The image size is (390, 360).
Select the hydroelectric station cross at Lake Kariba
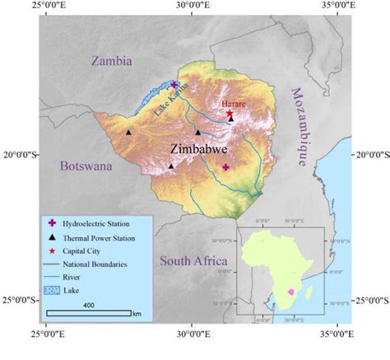pos(174,85)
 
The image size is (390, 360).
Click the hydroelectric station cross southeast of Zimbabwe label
pos(225,167)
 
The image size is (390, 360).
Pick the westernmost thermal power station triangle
pos(128,132)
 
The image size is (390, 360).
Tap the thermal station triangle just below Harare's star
pos(230,119)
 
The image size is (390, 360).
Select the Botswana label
pos(85,166)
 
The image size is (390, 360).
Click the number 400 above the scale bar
pos(88,305)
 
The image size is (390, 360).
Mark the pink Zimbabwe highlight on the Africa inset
pos(290,292)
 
